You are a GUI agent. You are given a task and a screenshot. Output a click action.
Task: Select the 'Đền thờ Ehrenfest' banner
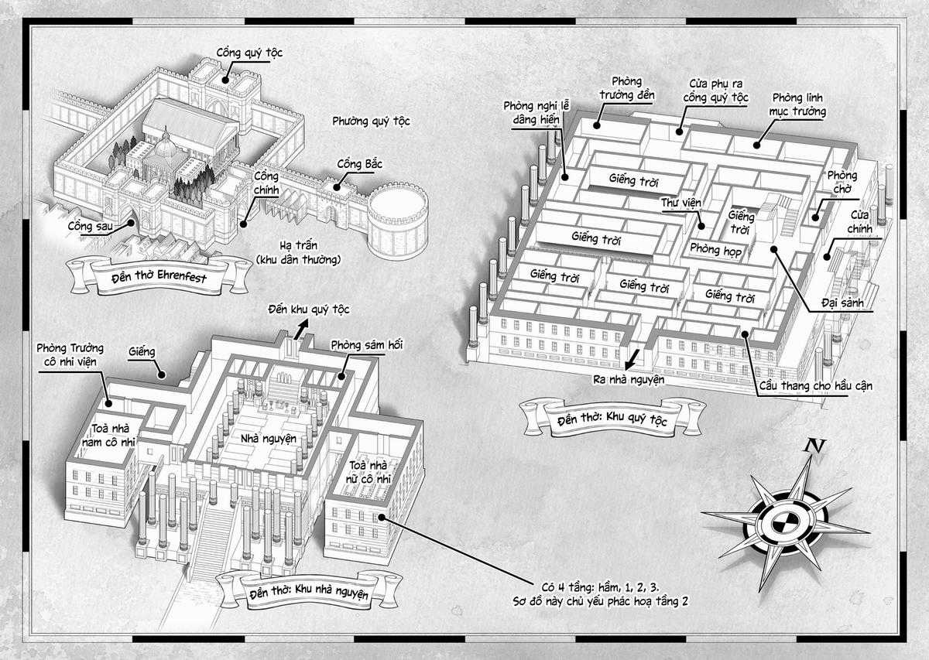pyautogui.click(x=159, y=275)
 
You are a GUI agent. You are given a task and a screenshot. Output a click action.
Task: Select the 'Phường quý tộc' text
pyautogui.click(x=371, y=121)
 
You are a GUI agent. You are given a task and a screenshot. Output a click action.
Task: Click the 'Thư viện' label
pyautogui.click(x=680, y=202)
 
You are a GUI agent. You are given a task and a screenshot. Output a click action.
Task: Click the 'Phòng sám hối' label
pyautogui.click(x=367, y=344)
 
